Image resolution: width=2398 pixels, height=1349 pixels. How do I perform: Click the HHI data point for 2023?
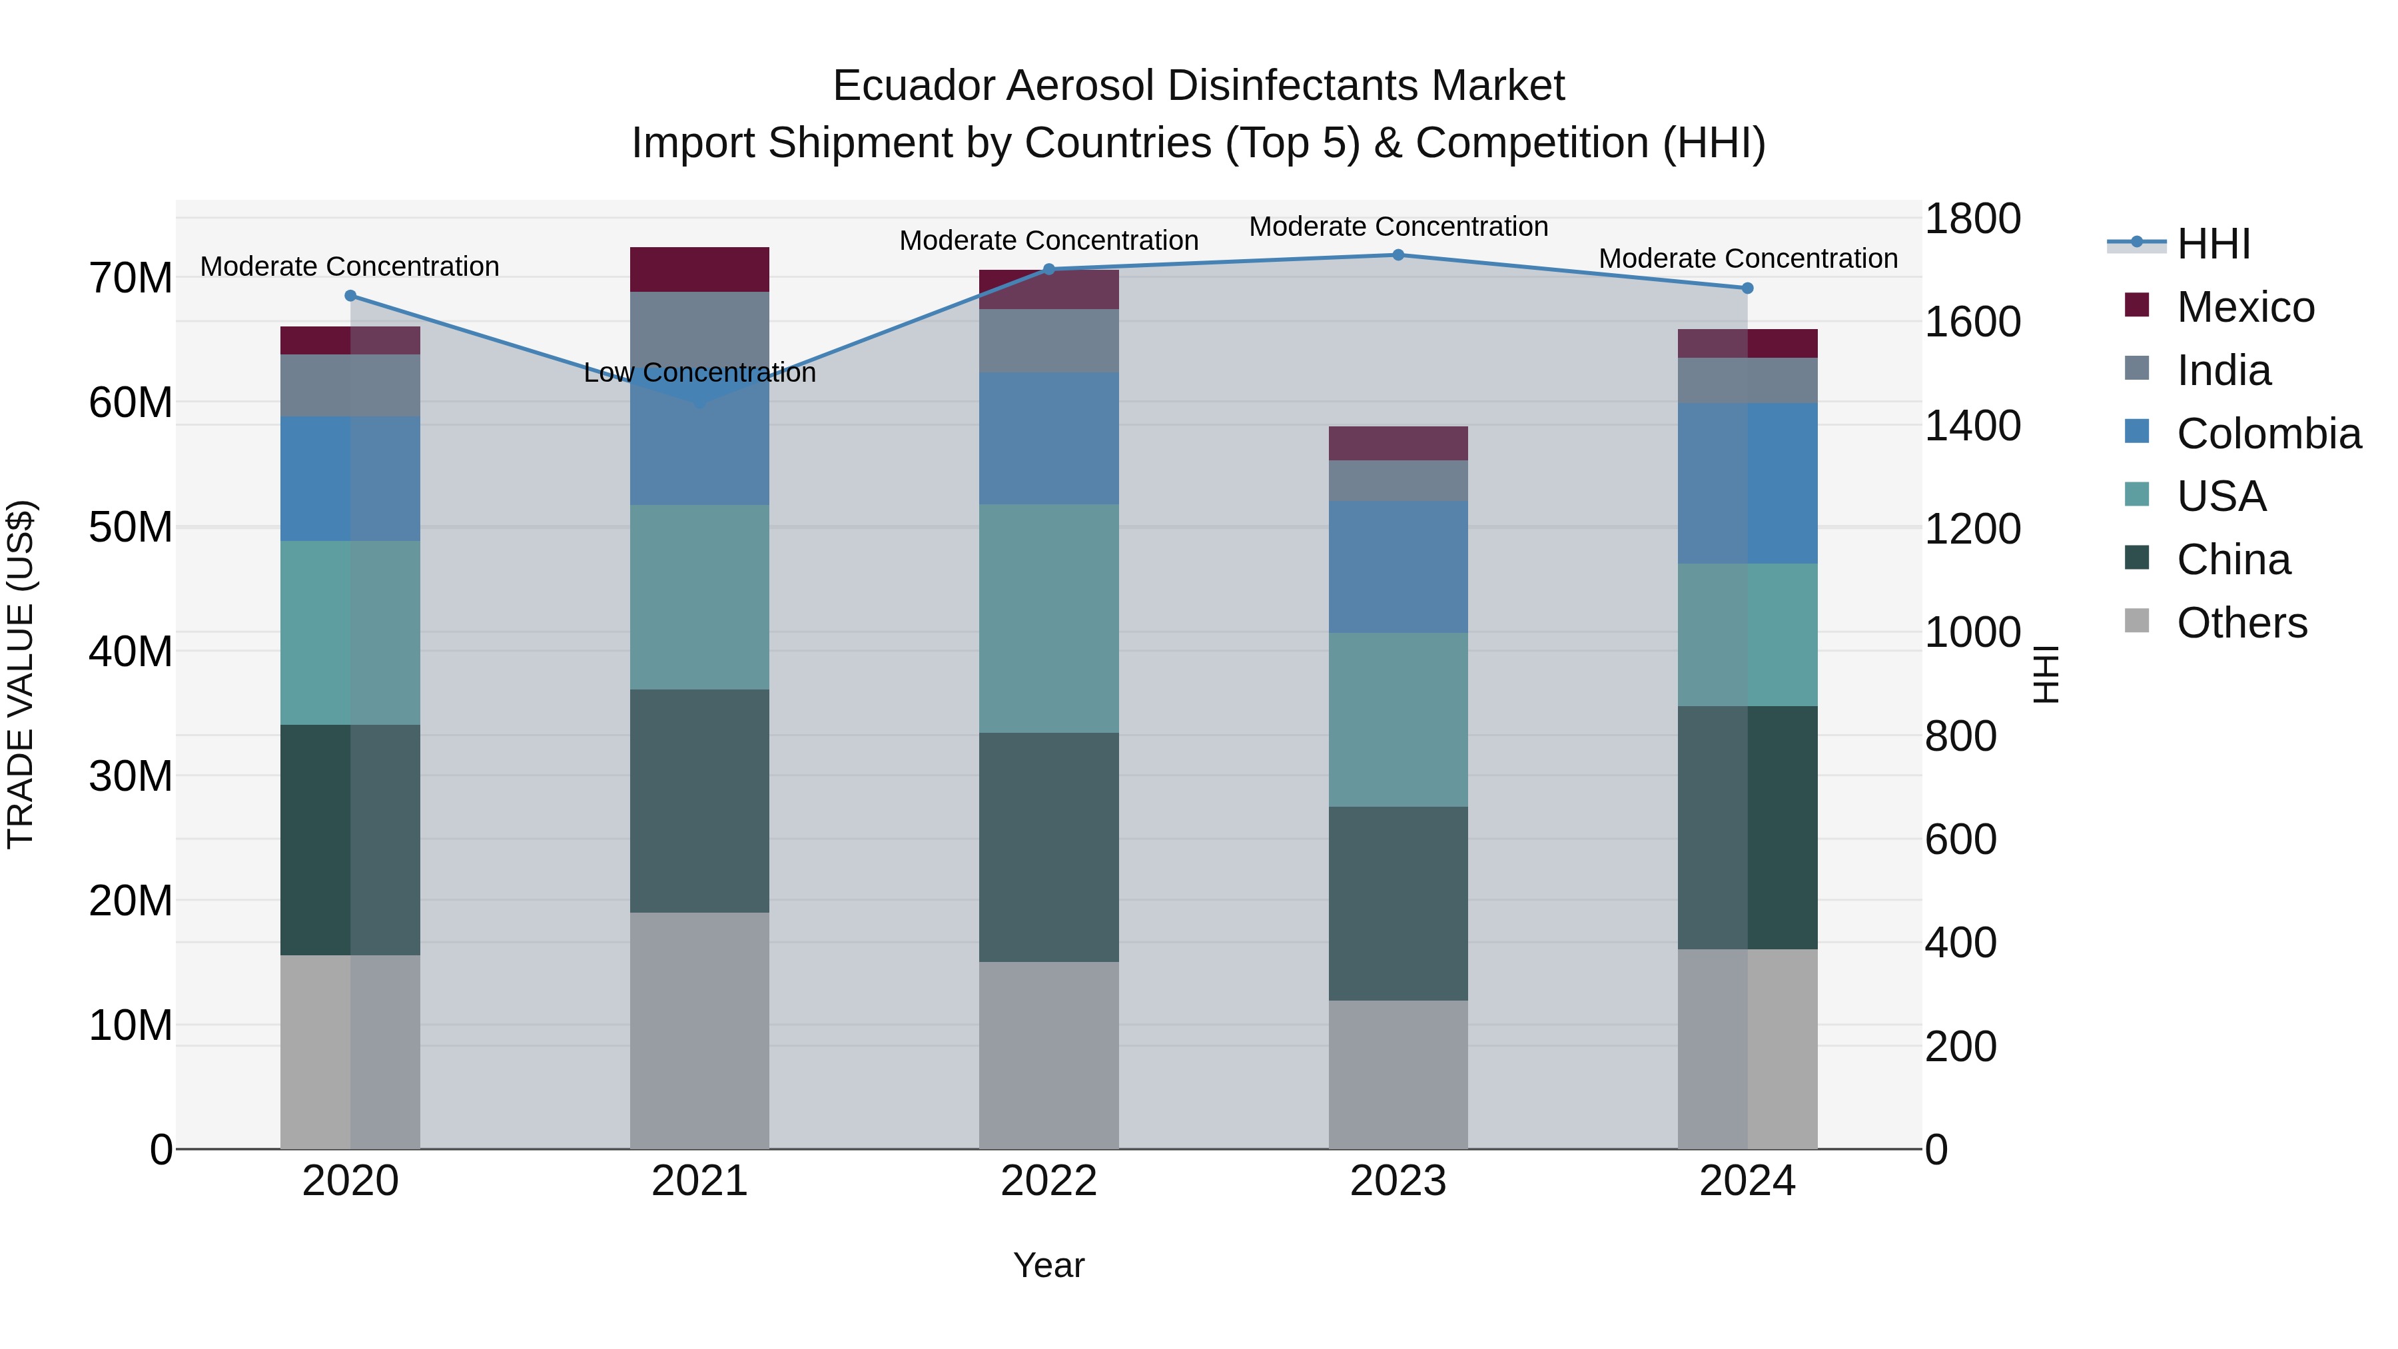point(1398,254)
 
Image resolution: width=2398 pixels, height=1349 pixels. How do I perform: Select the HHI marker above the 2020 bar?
point(350,296)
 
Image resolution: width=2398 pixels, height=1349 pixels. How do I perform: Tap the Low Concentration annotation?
point(699,372)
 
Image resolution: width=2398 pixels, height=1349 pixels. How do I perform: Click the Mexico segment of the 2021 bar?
point(699,269)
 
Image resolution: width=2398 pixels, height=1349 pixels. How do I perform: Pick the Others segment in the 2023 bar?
point(1398,1075)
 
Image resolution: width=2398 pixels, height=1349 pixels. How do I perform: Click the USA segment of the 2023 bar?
point(1398,719)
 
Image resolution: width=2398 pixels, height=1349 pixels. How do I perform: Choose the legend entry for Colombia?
point(2267,434)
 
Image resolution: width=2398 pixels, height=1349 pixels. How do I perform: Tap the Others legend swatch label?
point(2241,623)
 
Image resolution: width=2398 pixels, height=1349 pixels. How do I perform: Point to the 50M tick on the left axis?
point(131,527)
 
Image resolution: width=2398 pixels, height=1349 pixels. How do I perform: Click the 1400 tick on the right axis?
point(1972,426)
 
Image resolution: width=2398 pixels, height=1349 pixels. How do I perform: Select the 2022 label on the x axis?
point(1048,1180)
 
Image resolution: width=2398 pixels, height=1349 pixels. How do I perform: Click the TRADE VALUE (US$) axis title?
point(21,674)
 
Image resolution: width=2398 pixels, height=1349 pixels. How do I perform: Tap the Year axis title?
point(1048,1265)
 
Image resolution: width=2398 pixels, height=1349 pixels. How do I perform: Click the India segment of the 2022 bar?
point(1048,340)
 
